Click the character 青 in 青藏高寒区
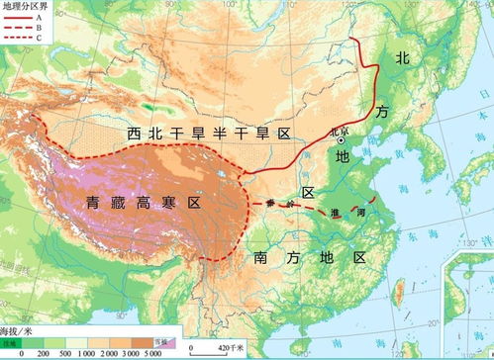click(x=92, y=203)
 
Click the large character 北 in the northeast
click(x=402, y=58)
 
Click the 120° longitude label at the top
click(x=370, y=7)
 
